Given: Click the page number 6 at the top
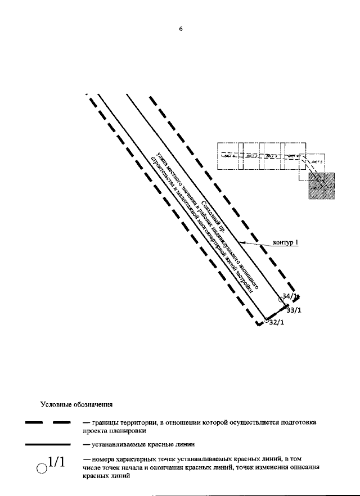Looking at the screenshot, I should tap(181, 30).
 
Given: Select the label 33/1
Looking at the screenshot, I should tap(294, 310).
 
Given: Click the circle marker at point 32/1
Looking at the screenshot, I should tap(267, 320).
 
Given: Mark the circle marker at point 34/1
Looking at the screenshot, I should tap(282, 294).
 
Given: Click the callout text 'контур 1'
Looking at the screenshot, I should tap(285, 243).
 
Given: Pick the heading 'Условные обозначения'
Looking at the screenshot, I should tap(77, 404).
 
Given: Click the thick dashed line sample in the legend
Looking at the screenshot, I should tap(47, 422).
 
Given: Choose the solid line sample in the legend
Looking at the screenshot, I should tap(47, 444).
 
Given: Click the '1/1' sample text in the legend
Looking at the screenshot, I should tap(57, 462).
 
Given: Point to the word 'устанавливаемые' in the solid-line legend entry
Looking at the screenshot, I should tap(116, 444).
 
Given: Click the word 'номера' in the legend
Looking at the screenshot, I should tap(101, 459).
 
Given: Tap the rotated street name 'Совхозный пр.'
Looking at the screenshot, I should tap(213, 209).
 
